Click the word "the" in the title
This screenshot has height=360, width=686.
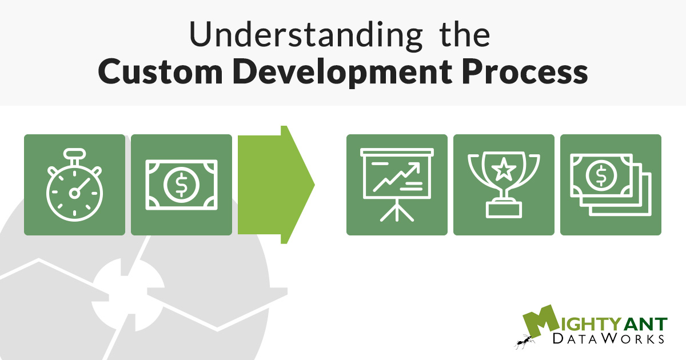(465, 35)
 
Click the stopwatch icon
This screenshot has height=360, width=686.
(74, 185)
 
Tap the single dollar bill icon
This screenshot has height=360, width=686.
(181, 185)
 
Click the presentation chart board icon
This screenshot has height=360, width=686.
(397, 185)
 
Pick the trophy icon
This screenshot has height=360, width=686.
(504, 185)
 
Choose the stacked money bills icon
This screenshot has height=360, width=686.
(611, 185)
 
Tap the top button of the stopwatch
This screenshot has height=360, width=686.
(74, 154)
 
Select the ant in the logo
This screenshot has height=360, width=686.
(524, 341)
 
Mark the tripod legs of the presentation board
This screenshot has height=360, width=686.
(397, 213)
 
